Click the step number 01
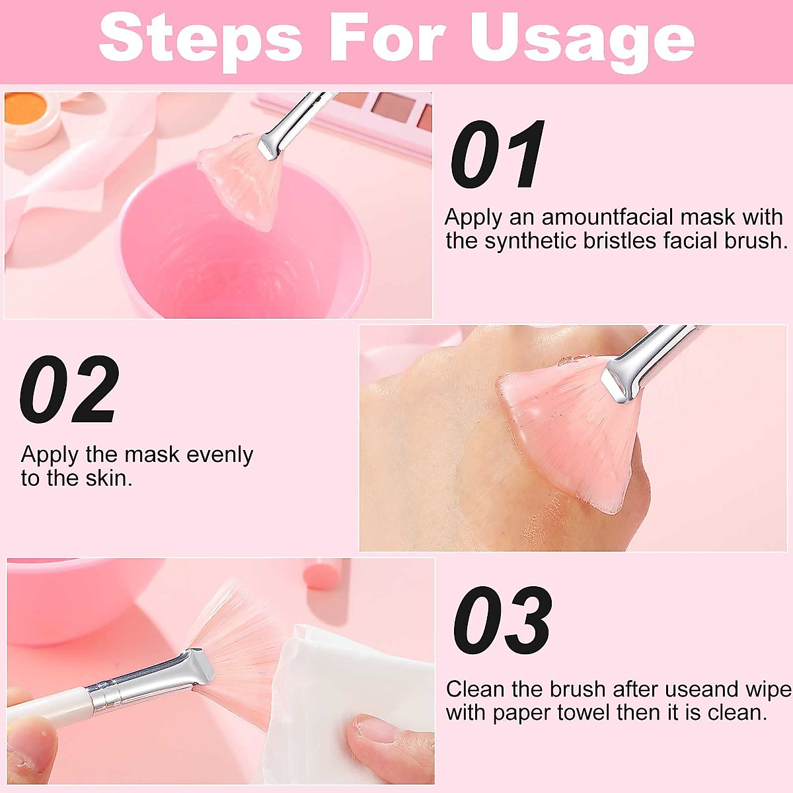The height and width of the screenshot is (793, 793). point(497,155)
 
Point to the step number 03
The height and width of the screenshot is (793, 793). point(502,621)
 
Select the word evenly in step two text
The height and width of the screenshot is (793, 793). point(219,455)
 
